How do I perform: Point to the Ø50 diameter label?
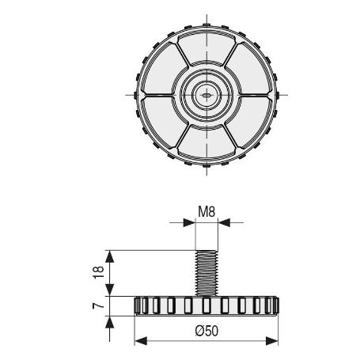[x=207, y=332]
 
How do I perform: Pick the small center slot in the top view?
[x=207, y=93]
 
